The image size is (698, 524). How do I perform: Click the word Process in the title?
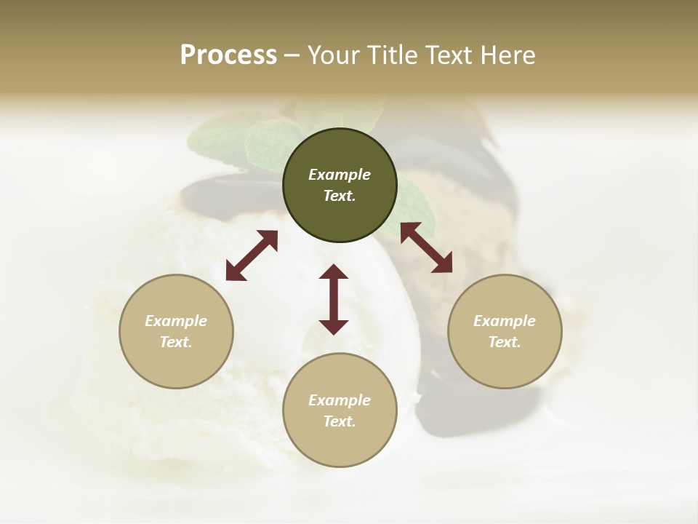point(228,55)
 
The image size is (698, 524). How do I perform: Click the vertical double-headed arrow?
point(334,299)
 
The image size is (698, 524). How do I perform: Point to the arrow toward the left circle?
point(252,255)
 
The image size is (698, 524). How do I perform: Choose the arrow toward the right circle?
point(426,247)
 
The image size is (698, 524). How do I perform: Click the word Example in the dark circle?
point(340,175)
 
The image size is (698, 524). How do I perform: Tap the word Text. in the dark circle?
point(340,196)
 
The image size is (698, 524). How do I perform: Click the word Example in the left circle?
point(176,321)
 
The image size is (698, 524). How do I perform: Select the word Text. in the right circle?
point(505,342)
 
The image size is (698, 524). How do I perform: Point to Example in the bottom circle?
point(340,400)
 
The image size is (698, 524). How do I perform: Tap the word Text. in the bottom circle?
point(340,421)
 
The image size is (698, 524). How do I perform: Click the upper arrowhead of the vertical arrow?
point(334,273)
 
